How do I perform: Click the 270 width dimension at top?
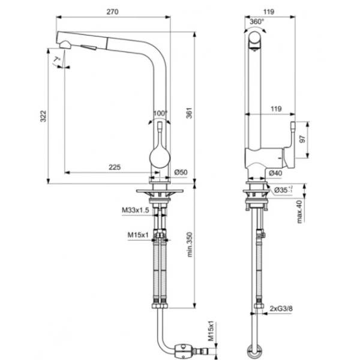[x=112, y=12]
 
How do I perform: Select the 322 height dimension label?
[x=43, y=116]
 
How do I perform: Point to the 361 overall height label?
[x=189, y=113]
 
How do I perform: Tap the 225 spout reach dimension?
[x=115, y=167]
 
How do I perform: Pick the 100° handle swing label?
[x=160, y=113]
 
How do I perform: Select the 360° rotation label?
[x=257, y=22]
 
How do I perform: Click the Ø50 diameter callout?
[x=181, y=172]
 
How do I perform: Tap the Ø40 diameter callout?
[x=275, y=173]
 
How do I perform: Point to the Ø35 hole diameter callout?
[x=283, y=190]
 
